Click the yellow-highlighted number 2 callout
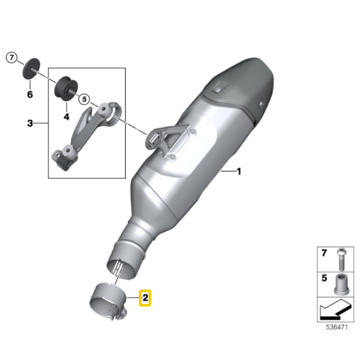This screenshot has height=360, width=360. pos(145,298)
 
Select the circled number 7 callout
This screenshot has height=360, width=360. pos(12,57)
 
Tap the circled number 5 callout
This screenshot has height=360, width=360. pos(84,99)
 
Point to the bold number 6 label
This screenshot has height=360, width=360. pos(30,95)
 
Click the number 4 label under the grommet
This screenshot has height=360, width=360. pos(66,117)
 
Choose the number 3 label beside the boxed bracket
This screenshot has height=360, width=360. pos(30,123)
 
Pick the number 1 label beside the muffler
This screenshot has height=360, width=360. pos(239,172)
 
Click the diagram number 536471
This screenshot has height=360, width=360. pos(337,327)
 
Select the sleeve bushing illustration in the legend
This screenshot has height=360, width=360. pos(342,284)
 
